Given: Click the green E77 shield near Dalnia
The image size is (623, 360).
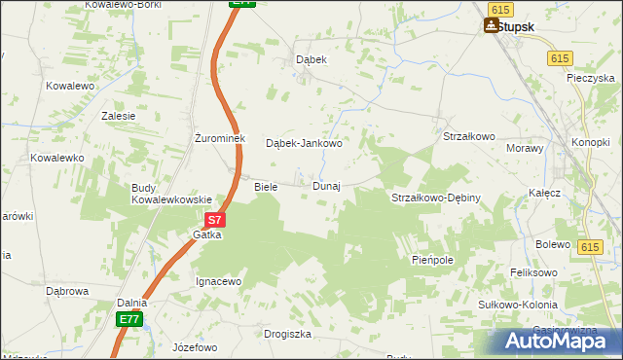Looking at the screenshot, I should [129, 319].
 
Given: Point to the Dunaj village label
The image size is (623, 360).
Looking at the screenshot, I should [326, 186].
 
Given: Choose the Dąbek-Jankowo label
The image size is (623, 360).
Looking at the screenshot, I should [305, 144].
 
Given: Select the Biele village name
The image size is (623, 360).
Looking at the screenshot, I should [266, 186].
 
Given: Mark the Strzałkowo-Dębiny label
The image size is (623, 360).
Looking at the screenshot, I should [436, 198].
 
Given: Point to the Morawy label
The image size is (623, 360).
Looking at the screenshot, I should [525, 148].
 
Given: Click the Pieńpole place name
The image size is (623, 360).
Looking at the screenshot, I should [433, 261].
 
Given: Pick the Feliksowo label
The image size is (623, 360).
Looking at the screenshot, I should [534, 273].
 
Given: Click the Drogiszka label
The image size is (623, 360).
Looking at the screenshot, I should [287, 334].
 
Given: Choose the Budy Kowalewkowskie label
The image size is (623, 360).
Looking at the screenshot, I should [172, 194].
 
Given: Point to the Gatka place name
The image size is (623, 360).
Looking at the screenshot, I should [207, 234].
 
